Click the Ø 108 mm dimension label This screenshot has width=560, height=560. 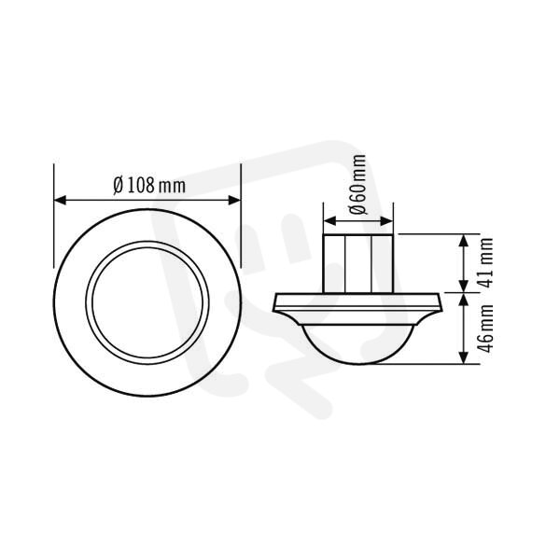(149, 186)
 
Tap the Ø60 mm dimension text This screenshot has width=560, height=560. (358, 184)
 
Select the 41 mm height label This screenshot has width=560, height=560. (485, 263)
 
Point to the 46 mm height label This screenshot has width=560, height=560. (485, 329)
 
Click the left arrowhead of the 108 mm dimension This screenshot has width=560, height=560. (60, 201)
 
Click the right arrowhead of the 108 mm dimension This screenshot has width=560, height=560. (234, 201)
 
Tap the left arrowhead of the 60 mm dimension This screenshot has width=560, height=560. (330, 221)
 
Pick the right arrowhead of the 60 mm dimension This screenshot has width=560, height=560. (386, 221)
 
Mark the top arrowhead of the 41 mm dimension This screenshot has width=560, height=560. (463, 241)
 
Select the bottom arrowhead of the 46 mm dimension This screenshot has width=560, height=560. (463, 357)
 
